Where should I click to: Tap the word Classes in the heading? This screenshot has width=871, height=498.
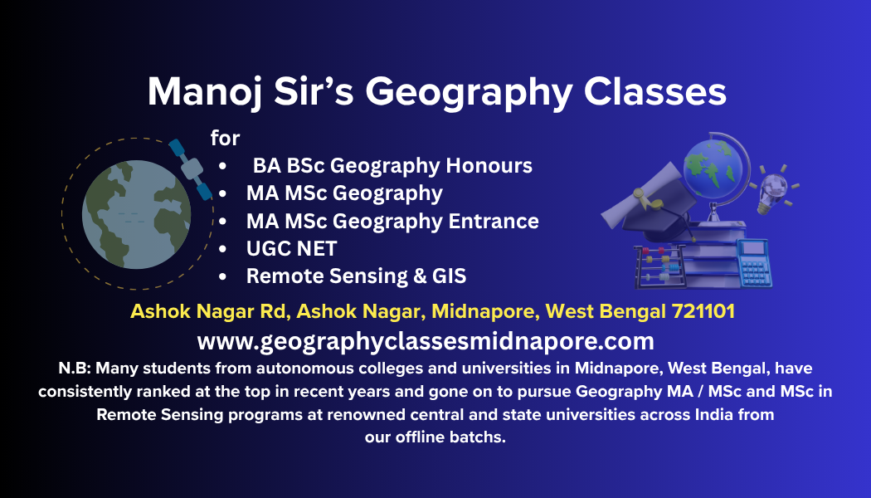click(x=655, y=91)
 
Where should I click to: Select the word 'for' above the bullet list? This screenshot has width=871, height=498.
click(x=225, y=138)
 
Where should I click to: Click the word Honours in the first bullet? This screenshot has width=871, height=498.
click(x=489, y=165)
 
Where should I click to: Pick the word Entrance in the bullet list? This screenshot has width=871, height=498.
click(x=494, y=221)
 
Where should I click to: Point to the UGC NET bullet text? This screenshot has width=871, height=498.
click(x=292, y=248)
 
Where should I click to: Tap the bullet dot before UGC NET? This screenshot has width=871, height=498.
click(x=223, y=249)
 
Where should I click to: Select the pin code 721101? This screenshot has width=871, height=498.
click(x=703, y=310)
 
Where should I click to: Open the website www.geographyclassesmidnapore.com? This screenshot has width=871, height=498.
click(x=426, y=341)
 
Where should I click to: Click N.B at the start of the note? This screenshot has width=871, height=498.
click(x=74, y=368)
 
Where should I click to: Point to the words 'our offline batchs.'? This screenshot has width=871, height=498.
click(x=435, y=437)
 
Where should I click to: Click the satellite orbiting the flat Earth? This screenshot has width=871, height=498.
click(x=191, y=169)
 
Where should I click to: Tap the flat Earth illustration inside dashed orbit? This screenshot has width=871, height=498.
click(x=137, y=214)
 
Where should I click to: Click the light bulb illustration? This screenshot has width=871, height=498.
click(x=774, y=189)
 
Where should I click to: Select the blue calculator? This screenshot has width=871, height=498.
click(x=754, y=263)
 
